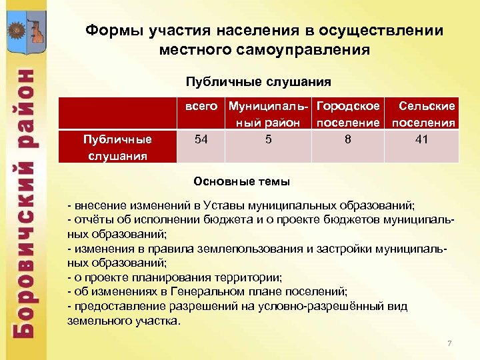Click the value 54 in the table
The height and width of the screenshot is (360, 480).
[x=200, y=139]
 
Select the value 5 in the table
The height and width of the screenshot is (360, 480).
[x=268, y=139]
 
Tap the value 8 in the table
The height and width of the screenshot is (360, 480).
[x=348, y=139]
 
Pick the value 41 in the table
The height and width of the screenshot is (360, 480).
[x=421, y=139]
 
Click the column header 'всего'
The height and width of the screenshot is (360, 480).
[x=201, y=106]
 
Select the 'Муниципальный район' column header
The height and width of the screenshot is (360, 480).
[x=268, y=114]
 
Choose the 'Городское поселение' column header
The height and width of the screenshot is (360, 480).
[x=348, y=114]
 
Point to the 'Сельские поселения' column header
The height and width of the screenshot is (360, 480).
[x=424, y=114]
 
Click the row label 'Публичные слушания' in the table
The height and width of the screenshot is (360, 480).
[x=117, y=147]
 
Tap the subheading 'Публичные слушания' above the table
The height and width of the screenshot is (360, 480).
[x=258, y=82]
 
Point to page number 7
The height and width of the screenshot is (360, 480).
[x=449, y=343]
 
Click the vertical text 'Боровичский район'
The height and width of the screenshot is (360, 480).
[x=25, y=200]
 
